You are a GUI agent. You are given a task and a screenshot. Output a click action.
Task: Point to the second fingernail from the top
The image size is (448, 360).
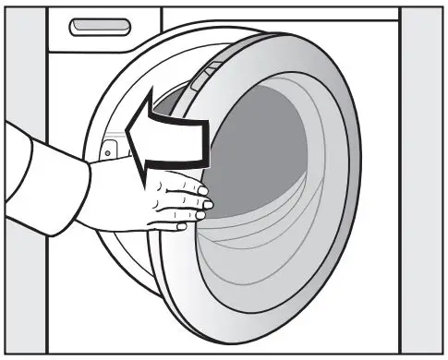point(207,202)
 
